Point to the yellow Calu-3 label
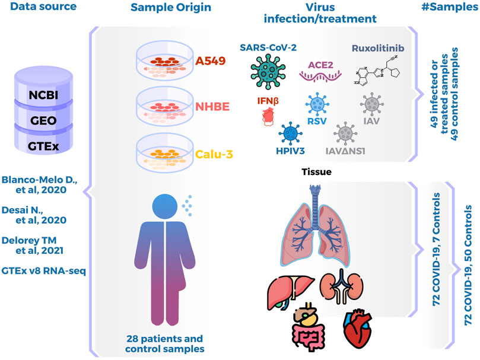click(215, 154)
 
